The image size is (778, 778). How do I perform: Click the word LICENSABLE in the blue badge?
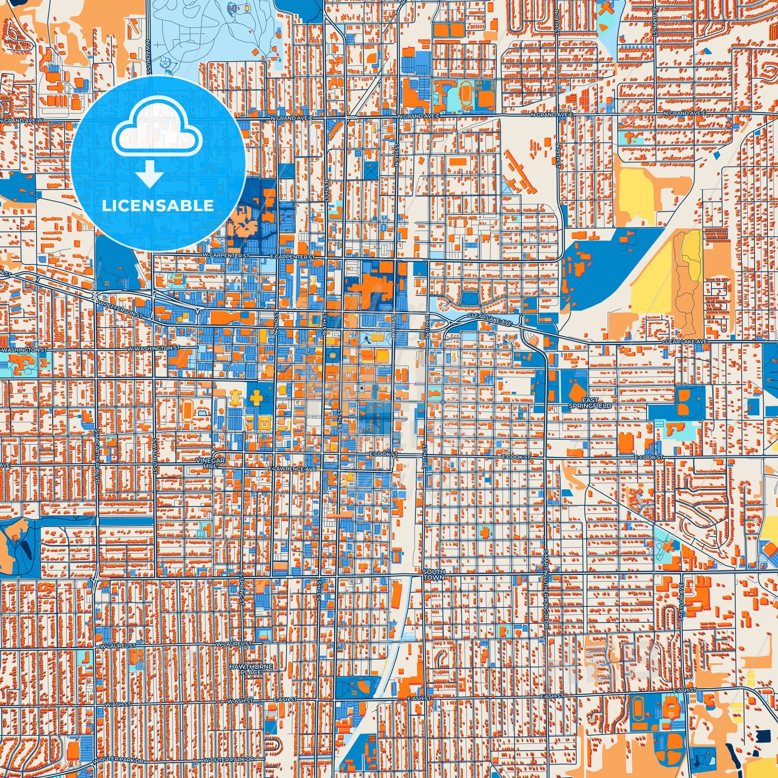(x=158, y=205)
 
